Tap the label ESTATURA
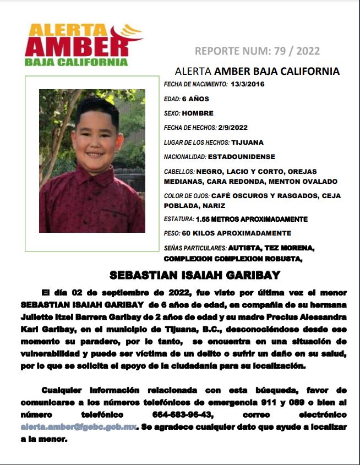coord(179,219)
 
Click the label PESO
coord(172,233)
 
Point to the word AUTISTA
coord(244,248)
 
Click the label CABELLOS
coord(179,172)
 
